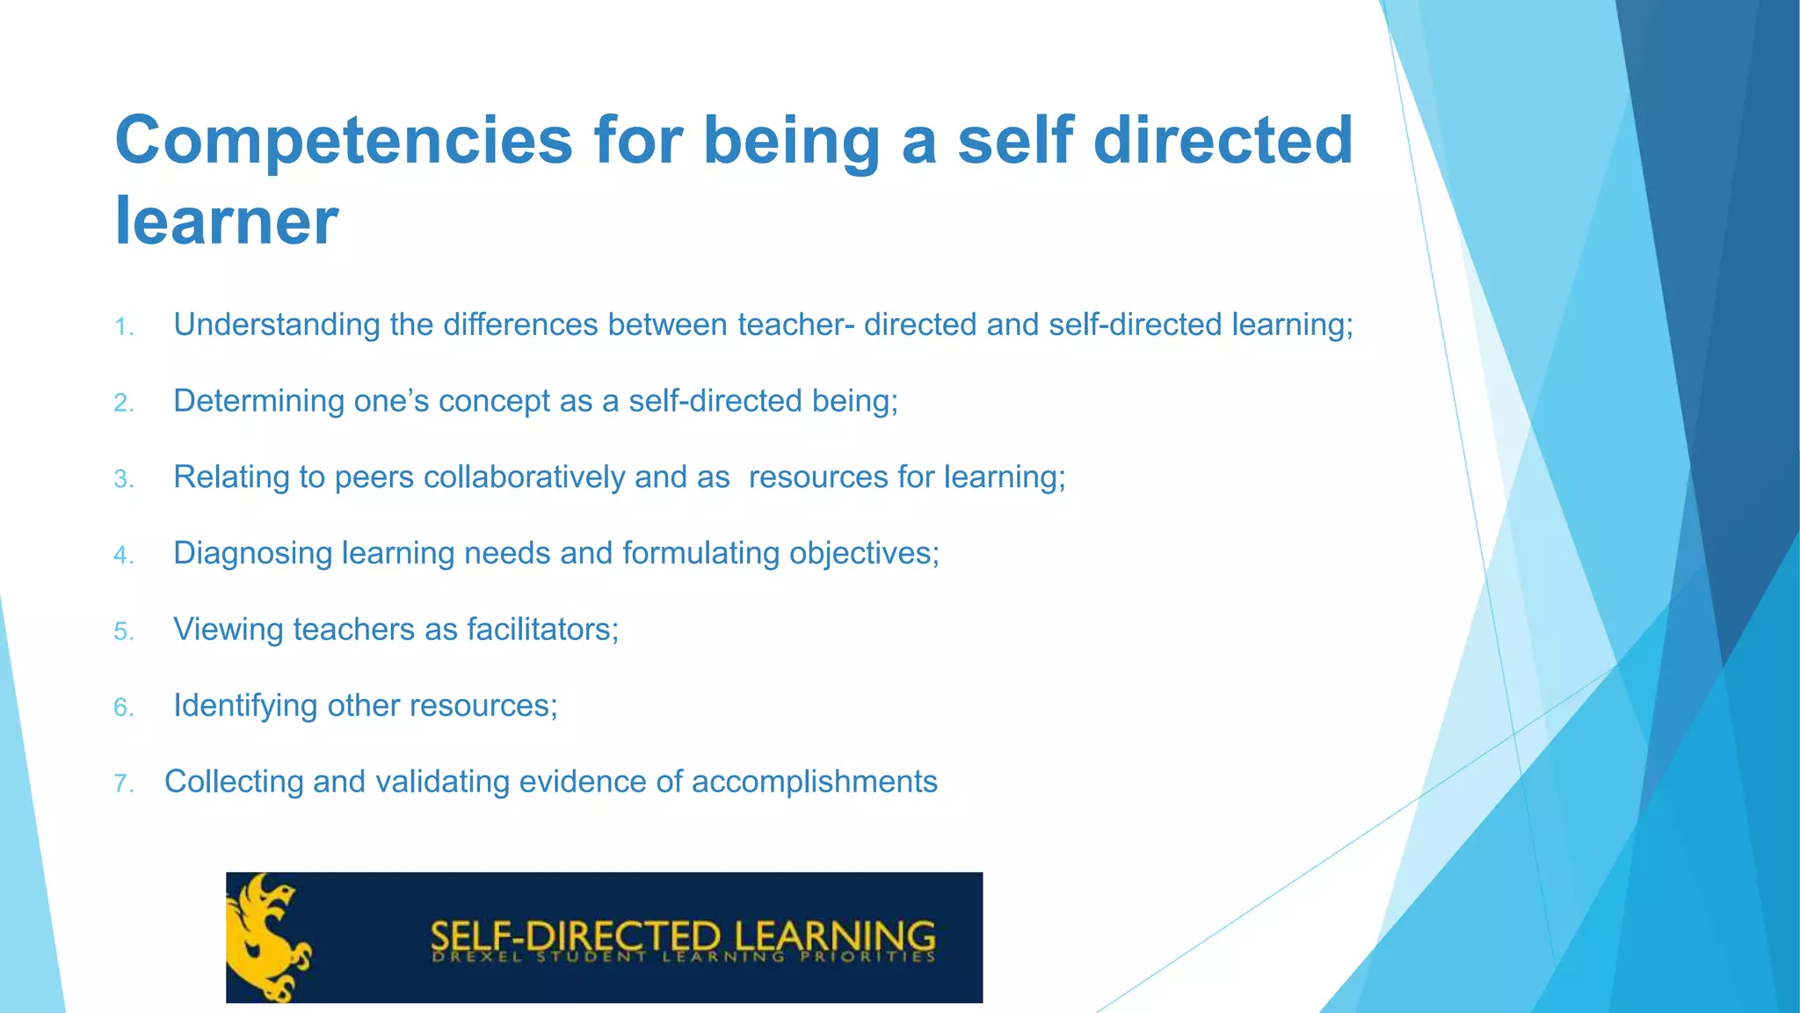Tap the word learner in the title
[x=226, y=220]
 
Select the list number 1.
[x=123, y=328]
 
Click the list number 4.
[x=123, y=556]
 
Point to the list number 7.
[x=123, y=783]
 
